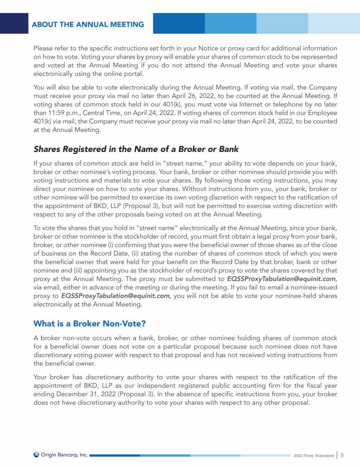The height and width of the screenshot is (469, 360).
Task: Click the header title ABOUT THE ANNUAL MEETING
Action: tap(88, 24)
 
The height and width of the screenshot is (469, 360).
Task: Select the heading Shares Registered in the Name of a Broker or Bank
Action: tap(136, 150)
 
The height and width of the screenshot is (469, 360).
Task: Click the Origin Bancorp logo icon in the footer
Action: tap(36, 454)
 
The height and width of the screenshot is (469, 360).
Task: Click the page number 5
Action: tap(343, 454)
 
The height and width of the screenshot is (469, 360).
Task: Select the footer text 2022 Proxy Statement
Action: tap(314, 455)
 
